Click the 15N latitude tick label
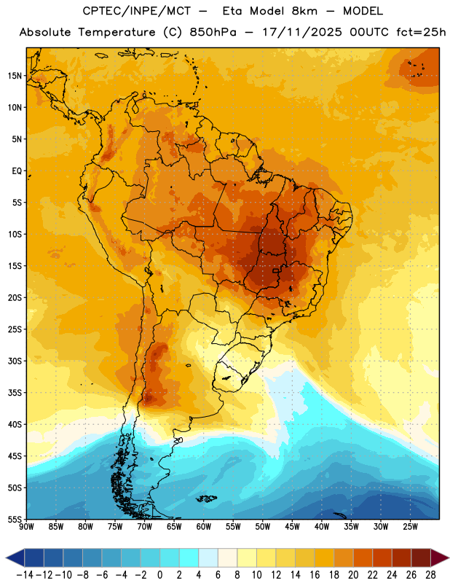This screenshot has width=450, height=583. (x=15, y=76)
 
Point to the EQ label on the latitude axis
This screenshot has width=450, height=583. (x=17, y=171)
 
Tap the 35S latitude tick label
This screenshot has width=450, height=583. (x=15, y=393)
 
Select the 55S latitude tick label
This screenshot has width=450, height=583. (x=15, y=519)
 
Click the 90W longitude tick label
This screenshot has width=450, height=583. (x=27, y=526)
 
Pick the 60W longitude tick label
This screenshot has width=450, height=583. (x=204, y=526)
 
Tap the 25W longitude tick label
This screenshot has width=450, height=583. (x=410, y=526)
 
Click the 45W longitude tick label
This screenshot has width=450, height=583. (x=292, y=526)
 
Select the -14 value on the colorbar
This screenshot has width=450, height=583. (x=25, y=575)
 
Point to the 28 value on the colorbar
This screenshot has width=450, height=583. (x=430, y=575)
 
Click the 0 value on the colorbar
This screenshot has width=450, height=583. (x=160, y=575)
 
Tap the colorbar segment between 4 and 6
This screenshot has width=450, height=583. (x=208, y=557)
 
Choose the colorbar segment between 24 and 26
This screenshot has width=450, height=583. (x=402, y=557)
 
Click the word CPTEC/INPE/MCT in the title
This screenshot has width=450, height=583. (x=137, y=11)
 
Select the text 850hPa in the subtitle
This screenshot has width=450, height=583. (x=213, y=32)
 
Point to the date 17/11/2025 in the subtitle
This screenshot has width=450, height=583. (x=301, y=32)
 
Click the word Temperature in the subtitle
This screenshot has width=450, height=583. (x=117, y=32)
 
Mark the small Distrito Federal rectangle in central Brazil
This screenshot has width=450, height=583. (x=276, y=270)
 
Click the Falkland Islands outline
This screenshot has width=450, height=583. (x=207, y=498)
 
